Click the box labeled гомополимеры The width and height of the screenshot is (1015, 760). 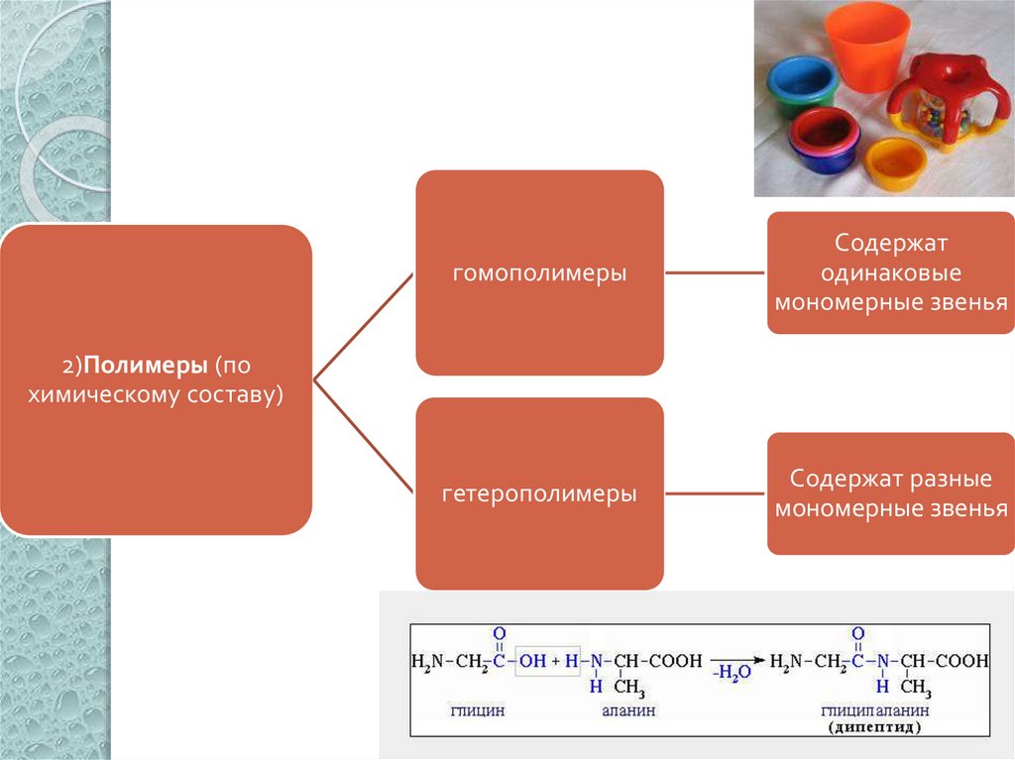pyautogui.click(x=539, y=272)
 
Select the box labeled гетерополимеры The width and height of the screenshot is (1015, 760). pyautogui.click(x=539, y=492)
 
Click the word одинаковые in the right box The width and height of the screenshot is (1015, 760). pyautogui.click(x=891, y=272)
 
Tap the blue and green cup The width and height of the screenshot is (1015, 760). pyautogui.click(x=805, y=83)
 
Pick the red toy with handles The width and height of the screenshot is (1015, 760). pyautogui.click(x=938, y=101)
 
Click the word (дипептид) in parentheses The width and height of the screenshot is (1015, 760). pyautogui.click(x=873, y=726)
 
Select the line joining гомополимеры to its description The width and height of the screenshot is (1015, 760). pyautogui.click(x=715, y=272)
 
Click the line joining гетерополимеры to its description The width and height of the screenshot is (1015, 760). pyautogui.click(x=715, y=492)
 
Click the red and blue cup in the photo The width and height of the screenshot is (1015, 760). pyautogui.click(x=822, y=139)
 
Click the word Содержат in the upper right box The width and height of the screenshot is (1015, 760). pyautogui.click(x=891, y=243)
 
